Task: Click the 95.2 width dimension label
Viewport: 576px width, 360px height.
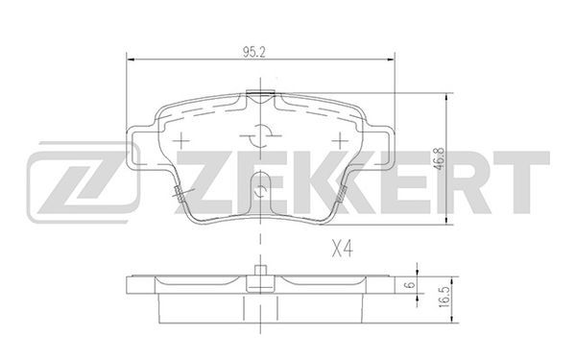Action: (x=253, y=53)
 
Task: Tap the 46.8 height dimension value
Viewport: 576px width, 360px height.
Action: (x=440, y=158)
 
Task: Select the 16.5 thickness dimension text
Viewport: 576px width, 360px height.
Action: (x=444, y=297)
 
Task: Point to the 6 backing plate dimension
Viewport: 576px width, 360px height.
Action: (x=411, y=284)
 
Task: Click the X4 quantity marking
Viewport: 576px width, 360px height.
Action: (x=343, y=249)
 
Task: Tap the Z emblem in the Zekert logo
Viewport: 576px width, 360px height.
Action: (x=83, y=182)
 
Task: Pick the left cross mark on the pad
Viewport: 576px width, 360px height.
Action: (x=180, y=140)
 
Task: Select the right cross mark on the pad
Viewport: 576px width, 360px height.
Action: (x=340, y=140)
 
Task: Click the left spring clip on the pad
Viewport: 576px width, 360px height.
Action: (x=180, y=194)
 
